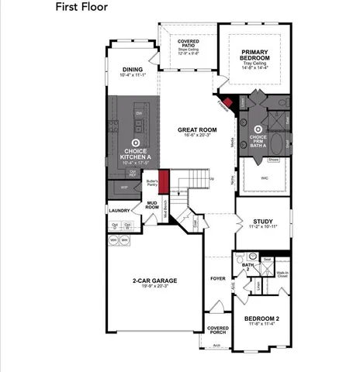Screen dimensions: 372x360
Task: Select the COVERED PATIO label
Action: [188, 43]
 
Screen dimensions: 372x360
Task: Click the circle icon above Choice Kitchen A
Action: [135, 143]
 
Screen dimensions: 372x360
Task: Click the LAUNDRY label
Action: [119, 210]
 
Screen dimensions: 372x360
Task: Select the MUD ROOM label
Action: [152, 205]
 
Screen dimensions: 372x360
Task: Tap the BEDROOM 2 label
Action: [261, 319]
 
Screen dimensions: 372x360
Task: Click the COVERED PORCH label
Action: [217, 330]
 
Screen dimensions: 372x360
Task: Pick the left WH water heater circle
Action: [113, 239]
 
